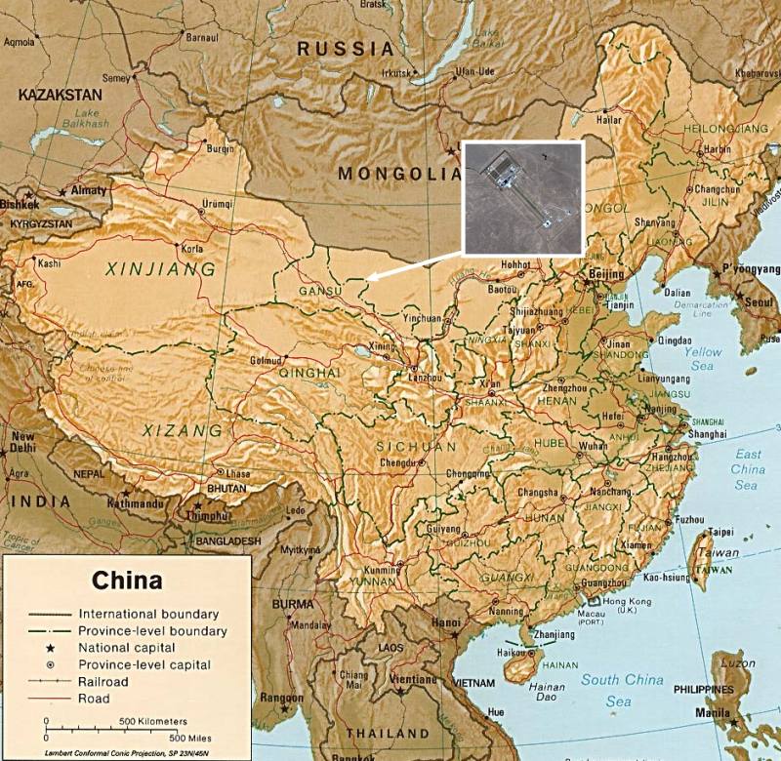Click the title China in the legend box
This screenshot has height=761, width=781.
(128, 581)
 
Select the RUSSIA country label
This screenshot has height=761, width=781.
(346, 49)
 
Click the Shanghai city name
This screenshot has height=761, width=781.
(707, 433)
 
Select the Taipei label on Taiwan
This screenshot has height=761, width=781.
(720, 532)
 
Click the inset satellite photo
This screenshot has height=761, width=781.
(522, 198)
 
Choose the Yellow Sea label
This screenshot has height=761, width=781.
(703, 358)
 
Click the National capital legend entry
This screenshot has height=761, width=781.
(127, 648)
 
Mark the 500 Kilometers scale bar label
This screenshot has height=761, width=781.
(153, 721)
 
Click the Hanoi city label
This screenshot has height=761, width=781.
(447, 622)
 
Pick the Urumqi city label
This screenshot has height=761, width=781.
(217, 204)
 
